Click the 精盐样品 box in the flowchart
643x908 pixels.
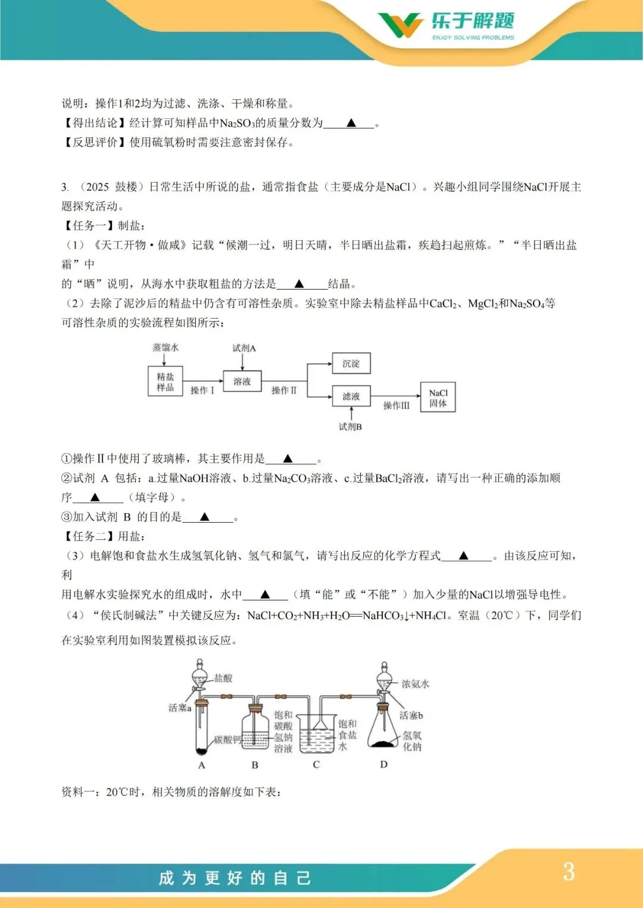coord(165,382)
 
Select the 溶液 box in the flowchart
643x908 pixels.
coord(242,382)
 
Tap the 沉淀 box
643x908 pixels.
coord(351,363)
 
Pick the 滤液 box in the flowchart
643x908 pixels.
coord(351,396)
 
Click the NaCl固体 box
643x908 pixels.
coord(438,398)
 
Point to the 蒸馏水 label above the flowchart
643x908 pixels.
coord(165,347)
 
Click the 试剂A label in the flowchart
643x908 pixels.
coord(244,348)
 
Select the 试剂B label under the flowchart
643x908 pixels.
coord(350,426)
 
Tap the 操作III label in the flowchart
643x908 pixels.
coord(397,406)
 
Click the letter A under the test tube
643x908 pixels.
coord(201,765)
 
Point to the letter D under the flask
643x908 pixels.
coord(383,765)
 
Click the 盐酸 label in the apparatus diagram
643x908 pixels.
coord(223,678)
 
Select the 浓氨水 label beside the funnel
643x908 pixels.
coord(415,684)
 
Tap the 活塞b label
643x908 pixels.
coord(411,715)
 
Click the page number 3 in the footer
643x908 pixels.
coord(569,872)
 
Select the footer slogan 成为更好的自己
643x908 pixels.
coord(235,878)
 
